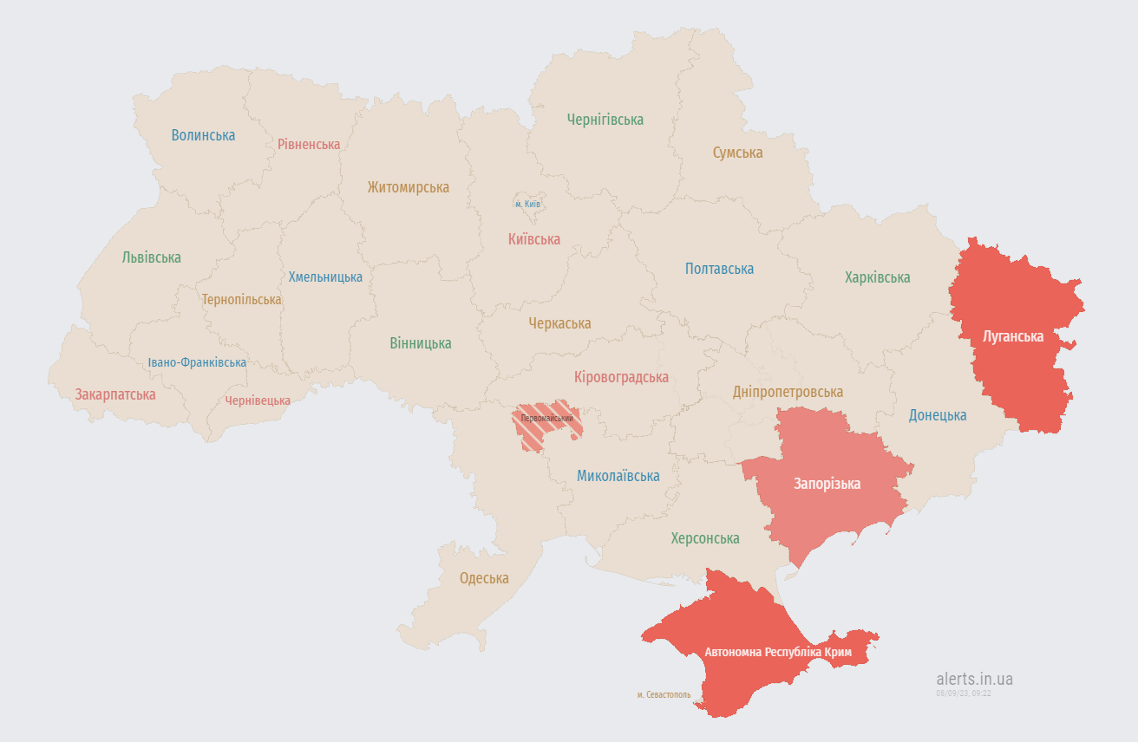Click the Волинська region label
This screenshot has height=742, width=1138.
[x=203, y=135]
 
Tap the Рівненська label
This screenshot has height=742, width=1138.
[x=309, y=144]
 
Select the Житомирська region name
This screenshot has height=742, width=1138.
[x=408, y=187]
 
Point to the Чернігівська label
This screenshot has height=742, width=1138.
[x=605, y=120]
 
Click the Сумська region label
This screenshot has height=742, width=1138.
[x=737, y=153]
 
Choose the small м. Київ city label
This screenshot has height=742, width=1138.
[x=527, y=204]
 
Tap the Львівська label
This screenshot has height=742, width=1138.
[x=152, y=257]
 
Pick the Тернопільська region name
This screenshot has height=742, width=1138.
[x=242, y=299]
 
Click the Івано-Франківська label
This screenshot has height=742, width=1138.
[x=197, y=362]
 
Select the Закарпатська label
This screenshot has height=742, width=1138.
[x=115, y=394]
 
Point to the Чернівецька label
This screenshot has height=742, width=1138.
[x=258, y=400]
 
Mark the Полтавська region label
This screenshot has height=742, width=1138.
[x=719, y=269]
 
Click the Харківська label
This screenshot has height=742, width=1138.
[x=877, y=277]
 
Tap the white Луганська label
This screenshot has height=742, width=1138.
[x=1012, y=335]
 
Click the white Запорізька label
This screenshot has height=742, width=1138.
[x=827, y=484]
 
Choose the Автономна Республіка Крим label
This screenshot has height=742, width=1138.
[x=778, y=652]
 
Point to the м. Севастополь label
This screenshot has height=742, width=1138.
[x=664, y=694]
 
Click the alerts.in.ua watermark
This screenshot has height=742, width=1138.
[x=974, y=679]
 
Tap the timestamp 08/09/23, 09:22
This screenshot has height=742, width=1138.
[x=963, y=693]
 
